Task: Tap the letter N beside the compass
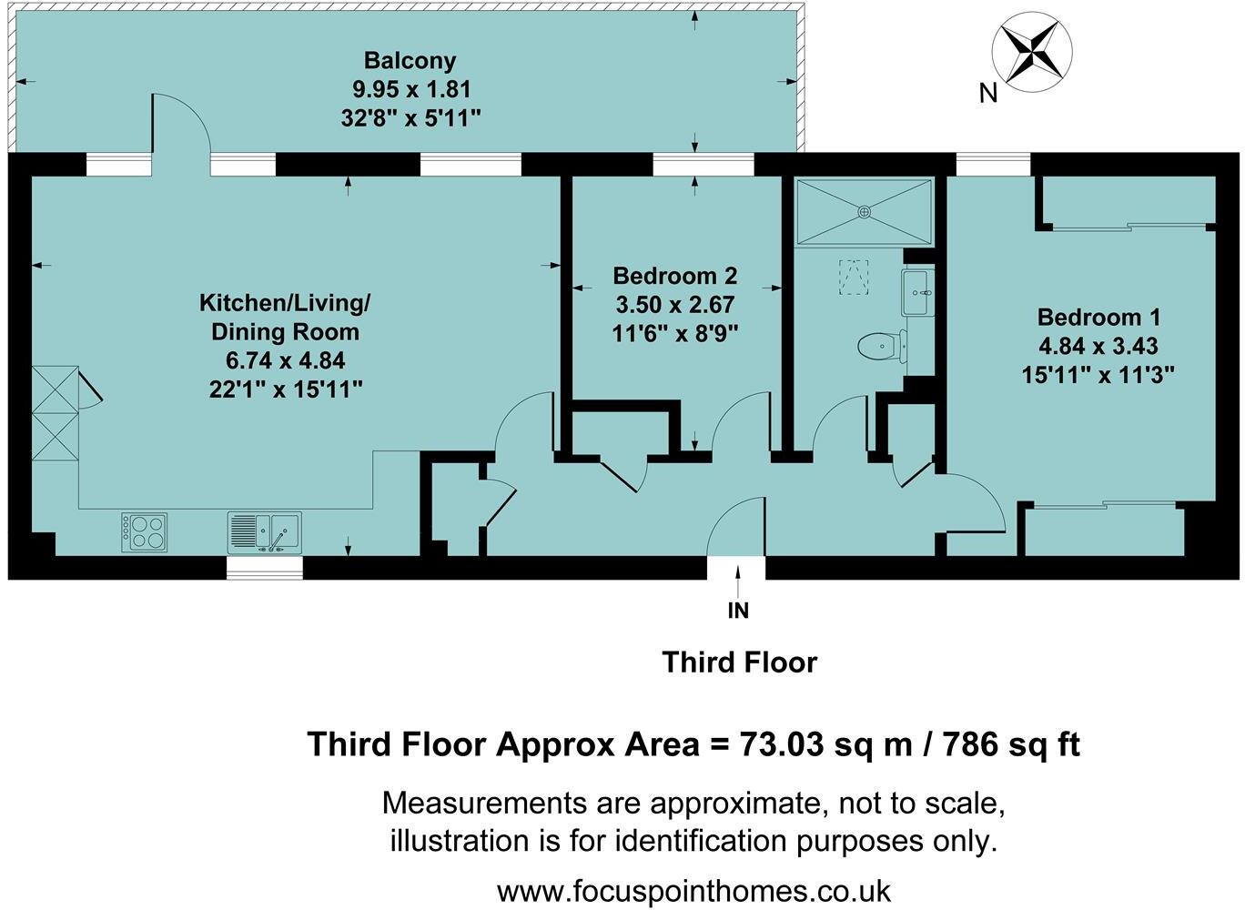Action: [988, 93]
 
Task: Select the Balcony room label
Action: [410, 61]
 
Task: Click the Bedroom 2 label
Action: [674, 276]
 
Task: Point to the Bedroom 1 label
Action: [1098, 318]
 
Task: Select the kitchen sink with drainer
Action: [264, 532]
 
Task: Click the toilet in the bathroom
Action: [880, 345]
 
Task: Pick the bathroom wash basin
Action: [918, 292]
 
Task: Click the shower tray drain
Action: [863, 211]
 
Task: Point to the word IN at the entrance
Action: [738, 611]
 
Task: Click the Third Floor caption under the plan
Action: [739, 662]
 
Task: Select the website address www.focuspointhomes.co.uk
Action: [693, 889]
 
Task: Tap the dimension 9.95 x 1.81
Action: [410, 89]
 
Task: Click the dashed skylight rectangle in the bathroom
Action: [853, 277]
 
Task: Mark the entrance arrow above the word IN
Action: [737, 579]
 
